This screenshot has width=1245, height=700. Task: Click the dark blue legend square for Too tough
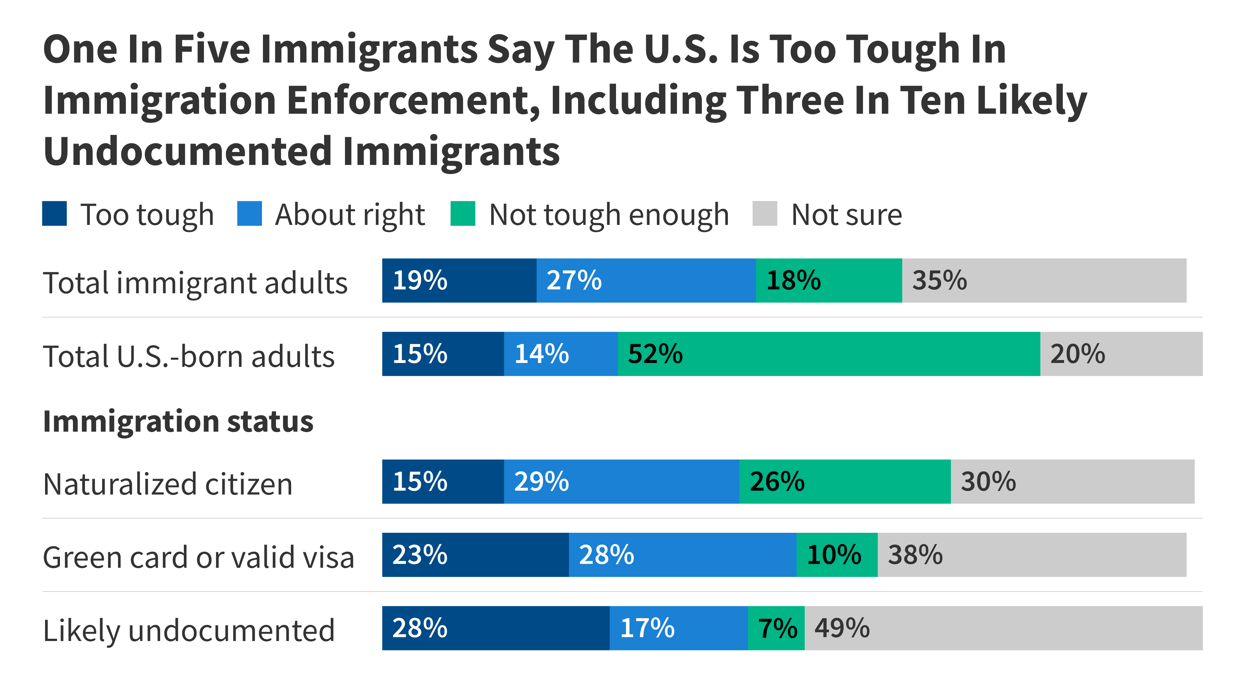[54, 214]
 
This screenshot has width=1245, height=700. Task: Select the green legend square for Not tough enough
[463, 214]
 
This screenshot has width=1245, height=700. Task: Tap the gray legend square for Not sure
[765, 214]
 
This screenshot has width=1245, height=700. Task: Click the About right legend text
[350, 215]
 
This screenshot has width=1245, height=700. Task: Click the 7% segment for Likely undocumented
[776, 628]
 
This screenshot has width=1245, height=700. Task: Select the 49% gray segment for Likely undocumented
[1003, 628]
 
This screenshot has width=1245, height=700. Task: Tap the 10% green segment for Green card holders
[836, 554]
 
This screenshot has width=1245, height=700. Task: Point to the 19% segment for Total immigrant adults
[459, 280]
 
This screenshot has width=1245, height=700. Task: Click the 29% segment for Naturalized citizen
[621, 481]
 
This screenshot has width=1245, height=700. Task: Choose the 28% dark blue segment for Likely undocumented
[495, 628]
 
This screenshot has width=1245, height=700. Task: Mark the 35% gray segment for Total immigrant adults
[1044, 280]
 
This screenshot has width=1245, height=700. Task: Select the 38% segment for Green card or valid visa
[1032, 554]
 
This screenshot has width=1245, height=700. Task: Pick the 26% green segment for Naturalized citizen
[845, 481]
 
